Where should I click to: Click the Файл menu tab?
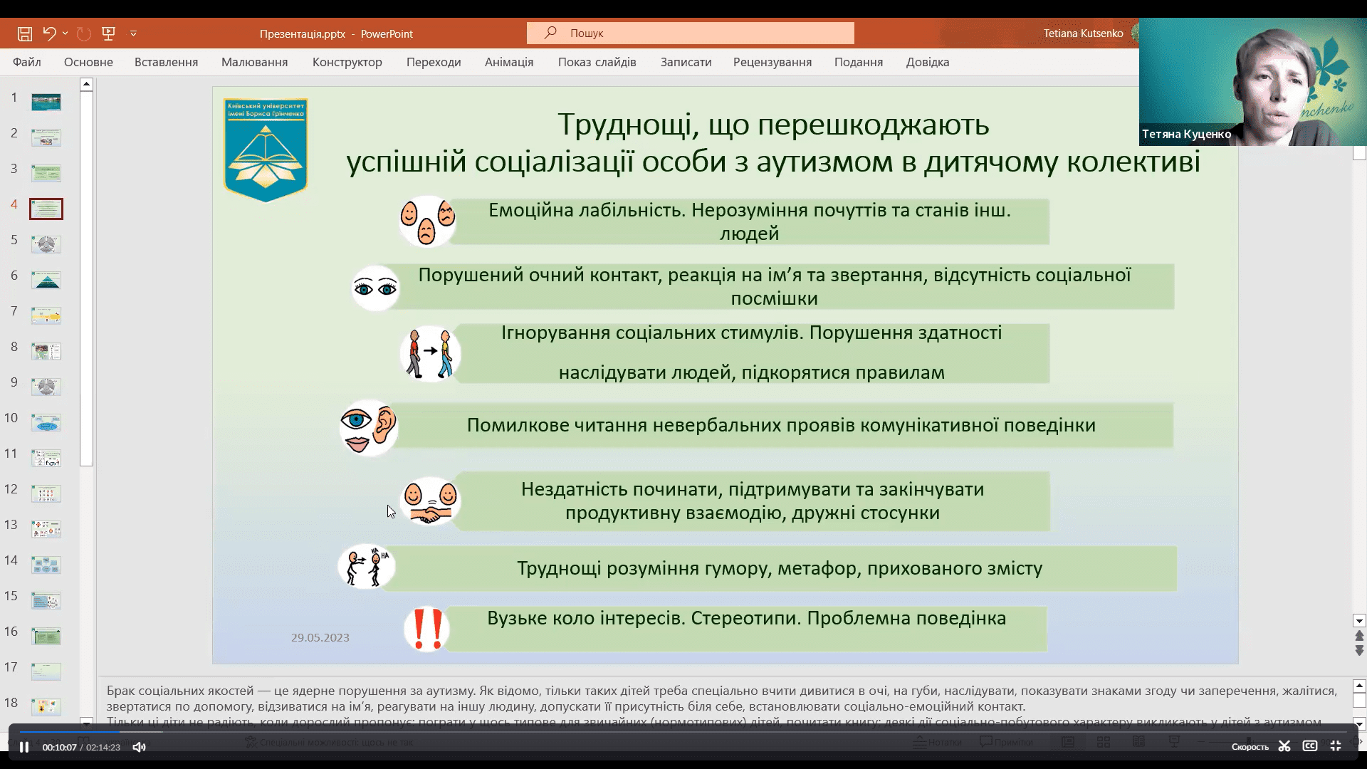tap(26, 62)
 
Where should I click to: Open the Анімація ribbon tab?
tap(508, 62)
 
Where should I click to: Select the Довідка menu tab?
tap(927, 62)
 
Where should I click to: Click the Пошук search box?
tap(691, 33)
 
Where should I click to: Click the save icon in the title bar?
tap(25, 33)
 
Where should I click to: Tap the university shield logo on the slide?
tap(266, 150)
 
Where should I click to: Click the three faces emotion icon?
tap(427, 221)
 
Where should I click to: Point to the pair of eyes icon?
tap(375, 288)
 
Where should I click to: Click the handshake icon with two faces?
tap(430, 501)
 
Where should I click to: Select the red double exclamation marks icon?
tap(427, 629)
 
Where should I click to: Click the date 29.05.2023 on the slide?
tap(320, 637)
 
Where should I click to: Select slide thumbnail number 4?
tap(46, 209)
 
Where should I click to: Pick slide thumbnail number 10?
tap(46, 422)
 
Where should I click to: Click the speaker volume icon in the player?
tap(139, 747)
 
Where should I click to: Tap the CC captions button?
tap(1309, 746)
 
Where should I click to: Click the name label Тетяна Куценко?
tap(1186, 134)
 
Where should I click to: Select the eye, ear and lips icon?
tap(369, 428)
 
